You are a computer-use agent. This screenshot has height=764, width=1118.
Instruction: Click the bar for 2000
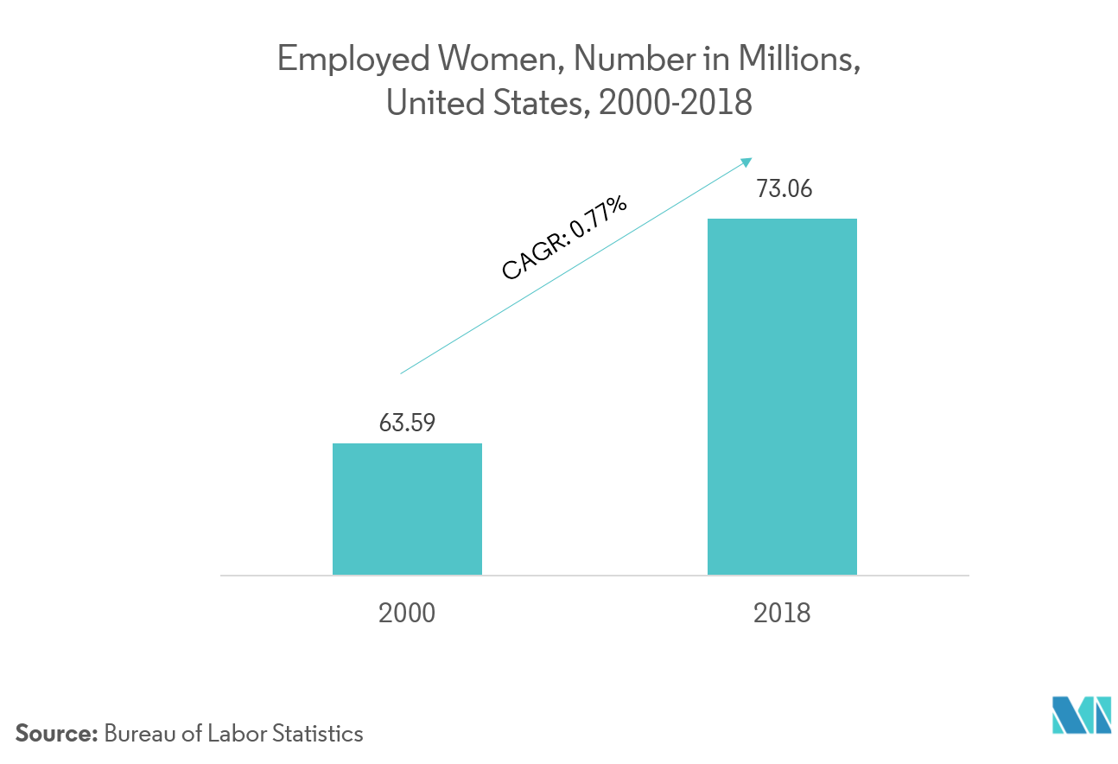point(407,509)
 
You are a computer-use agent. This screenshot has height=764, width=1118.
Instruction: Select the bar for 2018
point(782,397)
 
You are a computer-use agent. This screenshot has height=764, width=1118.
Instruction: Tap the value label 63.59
point(407,423)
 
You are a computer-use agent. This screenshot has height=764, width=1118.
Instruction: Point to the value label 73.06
point(783,190)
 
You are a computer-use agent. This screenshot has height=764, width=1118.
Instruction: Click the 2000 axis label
point(407,613)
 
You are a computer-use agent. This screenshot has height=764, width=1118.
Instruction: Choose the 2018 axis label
point(783,613)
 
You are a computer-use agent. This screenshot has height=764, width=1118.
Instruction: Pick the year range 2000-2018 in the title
point(675,103)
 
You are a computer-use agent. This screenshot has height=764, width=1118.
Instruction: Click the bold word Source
point(57,735)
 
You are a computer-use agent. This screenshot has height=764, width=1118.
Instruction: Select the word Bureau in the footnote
point(136,735)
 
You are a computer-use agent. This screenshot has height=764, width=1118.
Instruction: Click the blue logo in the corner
point(1080,715)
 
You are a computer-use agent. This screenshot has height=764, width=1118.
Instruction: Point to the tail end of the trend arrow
point(401,373)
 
